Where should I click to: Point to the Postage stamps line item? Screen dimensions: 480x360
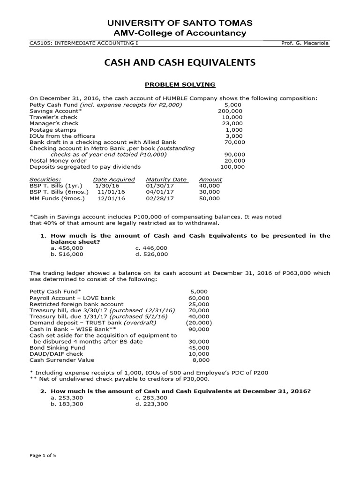(x=52, y=130)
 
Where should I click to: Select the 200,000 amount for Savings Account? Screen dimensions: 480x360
(x=231, y=111)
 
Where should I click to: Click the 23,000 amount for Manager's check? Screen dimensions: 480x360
(x=232, y=123)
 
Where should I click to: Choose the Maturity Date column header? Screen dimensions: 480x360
(x=166, y=180)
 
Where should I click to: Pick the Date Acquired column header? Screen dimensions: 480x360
(x=114, y=180)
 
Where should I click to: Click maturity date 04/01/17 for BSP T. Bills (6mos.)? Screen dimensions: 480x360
(x=160, y=192)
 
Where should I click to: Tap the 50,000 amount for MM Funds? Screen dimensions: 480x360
(x=209, y=199)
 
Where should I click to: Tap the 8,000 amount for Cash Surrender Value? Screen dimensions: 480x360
(x=202, y=360)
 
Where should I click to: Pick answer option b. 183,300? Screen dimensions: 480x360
(x=67, y=404)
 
